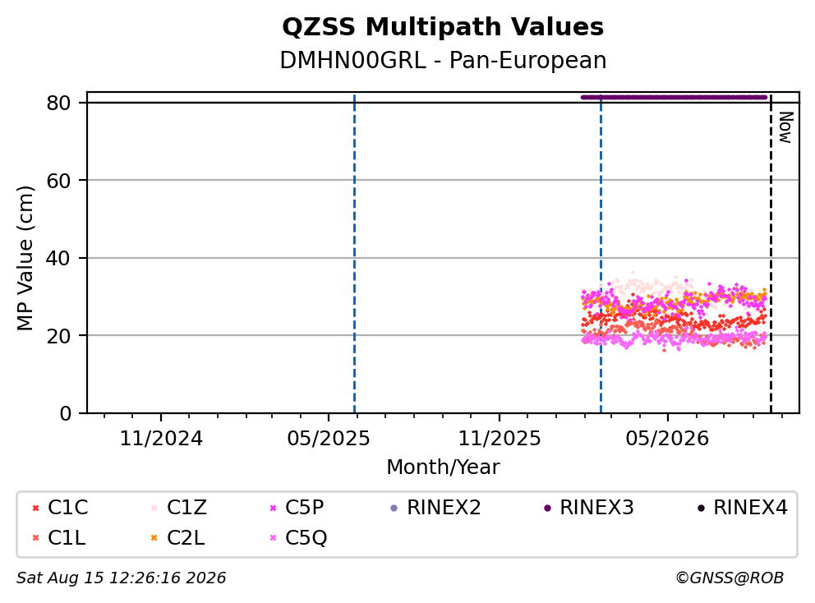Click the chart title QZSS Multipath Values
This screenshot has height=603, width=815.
(443, 27)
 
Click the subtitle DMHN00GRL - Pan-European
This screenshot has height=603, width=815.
(443, 60)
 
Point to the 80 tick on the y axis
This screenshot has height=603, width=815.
(58, 103)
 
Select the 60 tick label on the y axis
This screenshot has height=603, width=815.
(58, 181)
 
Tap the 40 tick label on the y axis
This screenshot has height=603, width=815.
(58, 258)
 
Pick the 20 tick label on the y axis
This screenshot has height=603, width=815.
(58, 336)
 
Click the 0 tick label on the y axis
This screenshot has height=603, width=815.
(66, 413)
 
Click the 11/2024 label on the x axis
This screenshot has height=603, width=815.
(161, 439)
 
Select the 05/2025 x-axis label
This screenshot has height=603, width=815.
(329, 439)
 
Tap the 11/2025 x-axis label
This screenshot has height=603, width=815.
(499, 439)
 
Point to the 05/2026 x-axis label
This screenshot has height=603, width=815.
(667, 439)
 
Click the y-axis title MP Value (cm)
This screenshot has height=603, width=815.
(25, 258)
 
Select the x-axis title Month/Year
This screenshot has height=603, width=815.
(443, 467)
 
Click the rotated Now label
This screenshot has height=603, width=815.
(785, 127)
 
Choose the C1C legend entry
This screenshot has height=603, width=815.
(61, 508)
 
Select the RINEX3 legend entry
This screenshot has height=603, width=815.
(589, 508)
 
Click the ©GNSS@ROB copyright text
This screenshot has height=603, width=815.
(730, 578)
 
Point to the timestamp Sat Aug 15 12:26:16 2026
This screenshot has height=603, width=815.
(122, 578)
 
